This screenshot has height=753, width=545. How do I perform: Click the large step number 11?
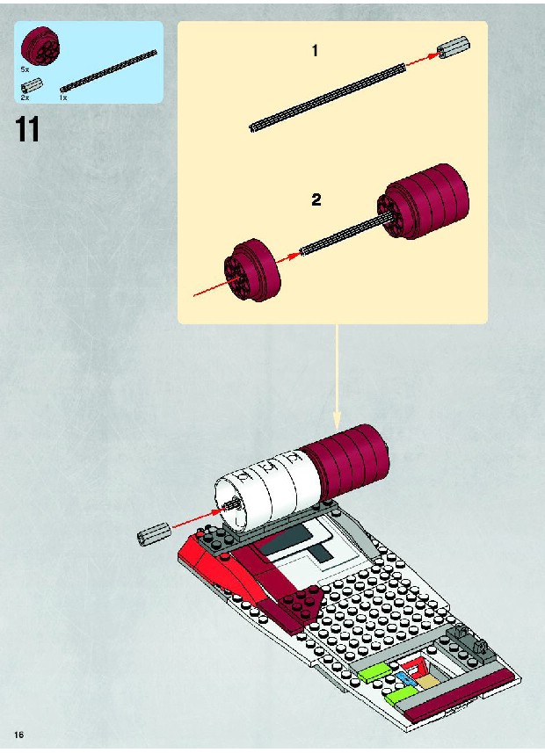pyautogui.click(x=27, y=129)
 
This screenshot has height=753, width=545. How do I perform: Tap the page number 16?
pyautogui.click(x=19, y=735)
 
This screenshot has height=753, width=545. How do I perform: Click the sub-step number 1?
pyautogui.click(x=315, y=50)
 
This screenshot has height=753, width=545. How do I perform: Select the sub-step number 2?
pyautogui.click(x=316, y=199)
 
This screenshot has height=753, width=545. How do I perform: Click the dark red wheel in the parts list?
pyautogui.click(x=40, y=46)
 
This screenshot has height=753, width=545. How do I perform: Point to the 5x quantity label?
pyautogui.click(x=25, y=69)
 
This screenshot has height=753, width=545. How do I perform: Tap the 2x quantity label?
pyautogui.click(x=25, y=98)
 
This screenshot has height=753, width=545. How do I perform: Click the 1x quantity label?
pyautogui.click(x=63, y=98)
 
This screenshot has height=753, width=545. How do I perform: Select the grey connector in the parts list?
pyautogui.click(x=33, y=86)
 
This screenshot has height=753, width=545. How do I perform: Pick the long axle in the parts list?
pyautogui.click(x=109, y=70)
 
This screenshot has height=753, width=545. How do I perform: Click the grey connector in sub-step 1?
pyautogui.click(x=454, y=47)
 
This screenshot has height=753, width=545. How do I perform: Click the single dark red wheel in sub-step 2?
pyautogui.click(x=252, y=270)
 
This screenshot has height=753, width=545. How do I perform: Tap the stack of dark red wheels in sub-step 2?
pyautogui.click(x=423, y=202)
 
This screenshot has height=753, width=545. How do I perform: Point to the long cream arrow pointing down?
pyautogui.click(x=337, y=376)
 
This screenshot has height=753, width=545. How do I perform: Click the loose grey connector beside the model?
pyautogui.click(x=155, y=534)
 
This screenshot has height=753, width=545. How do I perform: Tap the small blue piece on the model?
pyautogui.click(x=404, y=678)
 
